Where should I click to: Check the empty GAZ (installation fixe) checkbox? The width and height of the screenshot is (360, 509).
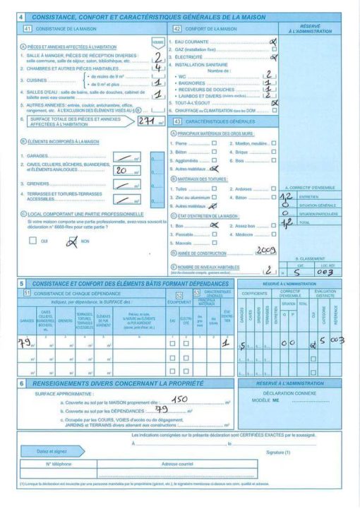[x=274, y=49]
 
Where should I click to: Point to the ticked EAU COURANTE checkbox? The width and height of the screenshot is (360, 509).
[x=274, y=42]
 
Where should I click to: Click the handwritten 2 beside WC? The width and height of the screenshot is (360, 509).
[x=268, y=74]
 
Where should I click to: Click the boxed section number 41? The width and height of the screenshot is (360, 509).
[x=28, y=29]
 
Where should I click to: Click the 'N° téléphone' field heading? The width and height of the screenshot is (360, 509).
[x=60, y=464]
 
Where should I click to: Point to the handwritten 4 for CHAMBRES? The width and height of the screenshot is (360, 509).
[x=158, y=68]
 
